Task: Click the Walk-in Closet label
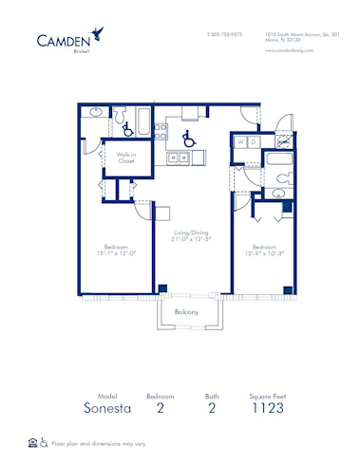coord(126,158)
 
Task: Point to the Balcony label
coord(186,312)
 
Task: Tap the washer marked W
coord(241,142)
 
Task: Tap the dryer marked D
coord(254,142)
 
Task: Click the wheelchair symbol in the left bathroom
coord(126,128)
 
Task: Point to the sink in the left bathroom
coord(94,113)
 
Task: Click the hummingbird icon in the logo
coord(99,36)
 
